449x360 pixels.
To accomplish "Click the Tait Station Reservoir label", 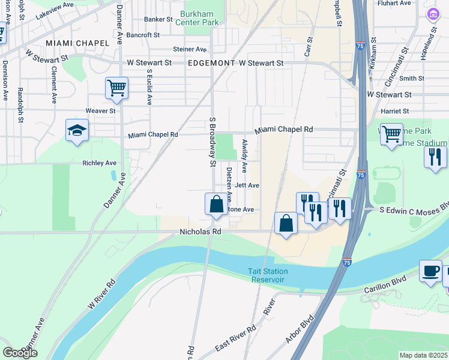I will coord(268,275).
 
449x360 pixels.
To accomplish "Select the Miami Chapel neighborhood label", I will coord(77,43).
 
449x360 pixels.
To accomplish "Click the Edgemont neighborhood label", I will coord(212,62).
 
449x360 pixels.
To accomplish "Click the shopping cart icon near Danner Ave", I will coord(116,88).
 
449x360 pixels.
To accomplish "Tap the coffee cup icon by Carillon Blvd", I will coord(430,271).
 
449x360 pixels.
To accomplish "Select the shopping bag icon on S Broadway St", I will coord(216,204).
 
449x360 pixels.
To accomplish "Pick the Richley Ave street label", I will coord(100,163).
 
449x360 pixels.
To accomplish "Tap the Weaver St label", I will coord(100,111).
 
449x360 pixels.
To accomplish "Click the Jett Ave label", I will coord(247,185).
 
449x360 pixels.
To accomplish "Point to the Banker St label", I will coord(158,19).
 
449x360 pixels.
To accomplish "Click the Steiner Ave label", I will coord(190,49).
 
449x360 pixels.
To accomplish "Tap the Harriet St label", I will coord(394,111).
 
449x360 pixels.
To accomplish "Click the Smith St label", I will coord(411,78).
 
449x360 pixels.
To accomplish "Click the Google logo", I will coord(20,352).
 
